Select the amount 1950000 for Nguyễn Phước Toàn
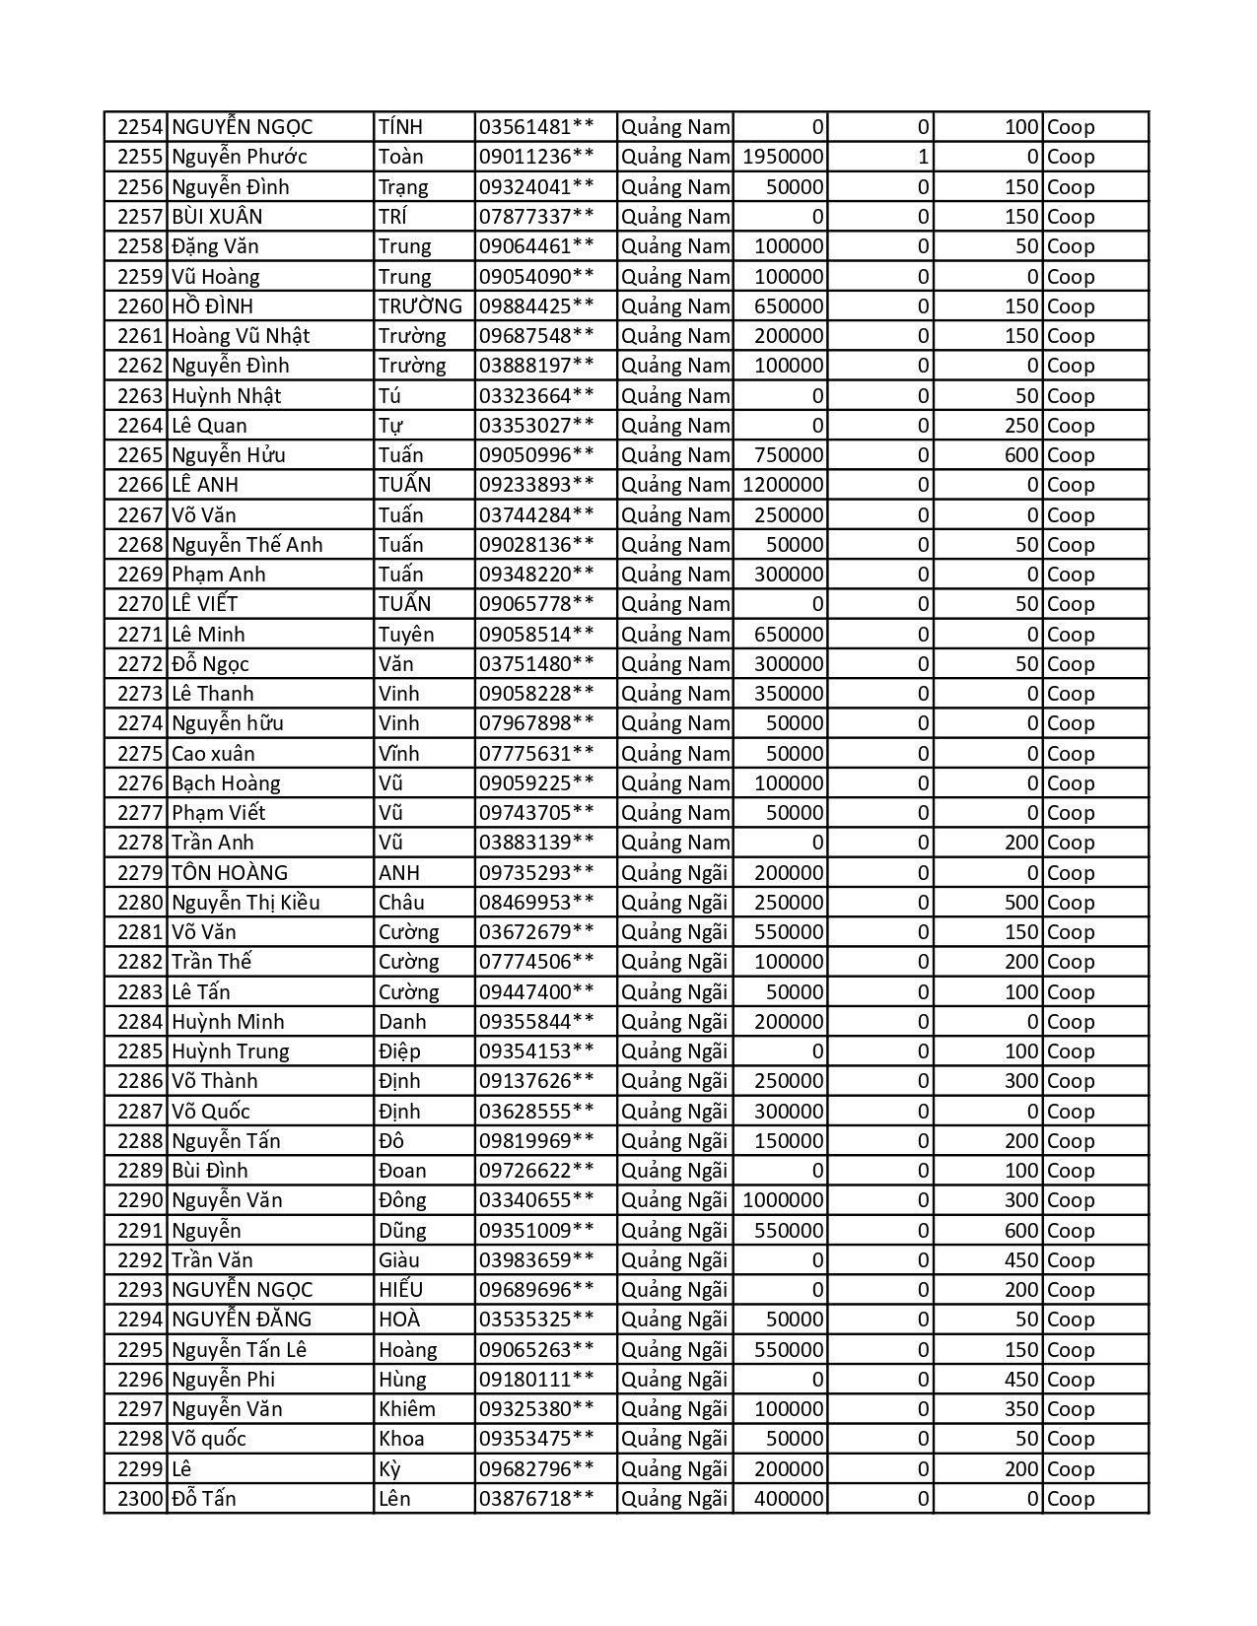783,157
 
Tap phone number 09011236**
536,157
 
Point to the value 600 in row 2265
1021,455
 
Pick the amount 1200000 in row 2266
783,485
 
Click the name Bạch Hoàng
226,783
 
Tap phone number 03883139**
536,843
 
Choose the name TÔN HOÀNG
230,873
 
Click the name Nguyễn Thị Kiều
245,903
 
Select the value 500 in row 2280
1021,903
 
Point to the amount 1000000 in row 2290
783,1200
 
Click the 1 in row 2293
923,1290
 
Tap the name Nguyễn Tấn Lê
239,1350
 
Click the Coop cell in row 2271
1071,635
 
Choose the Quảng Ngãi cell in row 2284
674,1022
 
